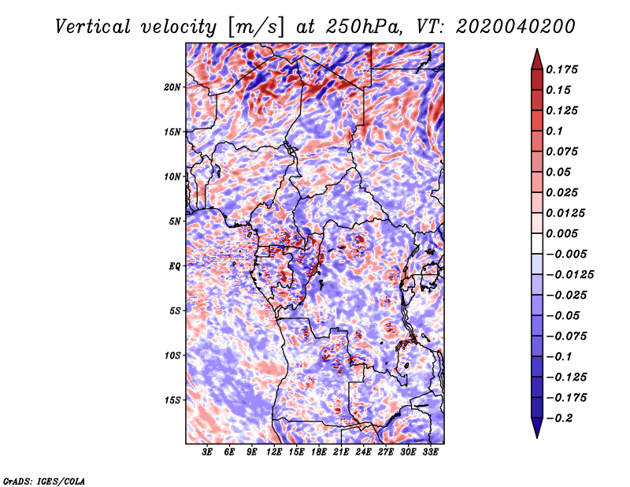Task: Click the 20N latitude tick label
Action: (x=172, y=87)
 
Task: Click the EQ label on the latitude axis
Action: (x=175, y=266)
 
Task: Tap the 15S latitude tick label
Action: (x=172, y=400)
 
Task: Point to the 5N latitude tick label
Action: (x=175, y=221)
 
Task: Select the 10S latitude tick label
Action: (x=172, y=355)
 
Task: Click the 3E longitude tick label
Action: (x=207, y=452)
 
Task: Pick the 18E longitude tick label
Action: (x=319, y=452)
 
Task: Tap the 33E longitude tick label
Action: (x=430, y=452)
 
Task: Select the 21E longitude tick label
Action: (x=341, y=452)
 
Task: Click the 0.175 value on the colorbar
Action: (x=561, y=69)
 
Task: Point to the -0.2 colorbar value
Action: (x=559, y=418)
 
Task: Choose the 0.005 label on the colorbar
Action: (x=561, y=233)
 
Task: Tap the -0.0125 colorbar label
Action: (x=569, y=275)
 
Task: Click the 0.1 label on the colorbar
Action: (x=554, y=131)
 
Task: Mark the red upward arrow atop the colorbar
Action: (x=537, y=59)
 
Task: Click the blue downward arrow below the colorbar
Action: (x=537, y=428)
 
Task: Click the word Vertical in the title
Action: (x=93, y=27)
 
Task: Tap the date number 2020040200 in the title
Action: (x=515, y=27)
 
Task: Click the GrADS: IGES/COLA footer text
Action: (x=44, y=481)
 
